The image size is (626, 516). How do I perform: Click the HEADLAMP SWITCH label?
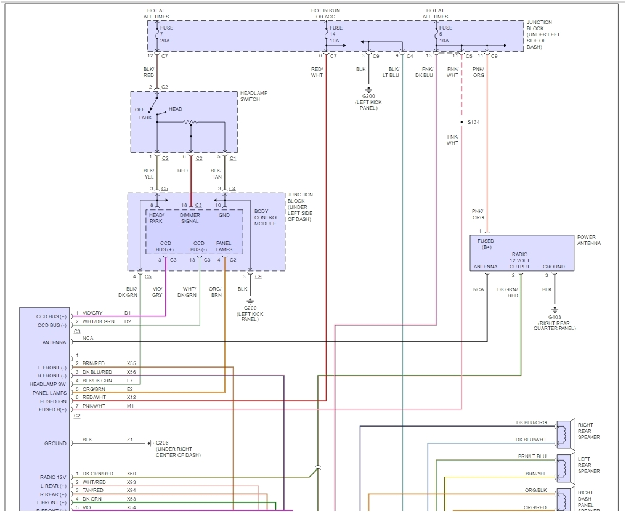point(253,96)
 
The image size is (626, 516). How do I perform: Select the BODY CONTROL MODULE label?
point(266,217)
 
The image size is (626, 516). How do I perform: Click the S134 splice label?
point(473,122)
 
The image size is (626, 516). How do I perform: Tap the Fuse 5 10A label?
point(445,34)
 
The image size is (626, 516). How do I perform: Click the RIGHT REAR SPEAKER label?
point(588,431)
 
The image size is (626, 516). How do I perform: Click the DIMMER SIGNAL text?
point(190,218)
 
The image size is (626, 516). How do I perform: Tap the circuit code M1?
point(130,406)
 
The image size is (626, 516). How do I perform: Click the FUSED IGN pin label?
point(54,401)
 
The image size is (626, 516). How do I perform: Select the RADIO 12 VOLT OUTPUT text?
point(519,260)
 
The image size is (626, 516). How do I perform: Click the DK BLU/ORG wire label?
point(531,423)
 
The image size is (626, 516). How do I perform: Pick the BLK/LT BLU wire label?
point(394,72)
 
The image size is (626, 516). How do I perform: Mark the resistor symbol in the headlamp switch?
point(191,122)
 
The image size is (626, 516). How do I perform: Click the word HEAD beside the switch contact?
point(176,110)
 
